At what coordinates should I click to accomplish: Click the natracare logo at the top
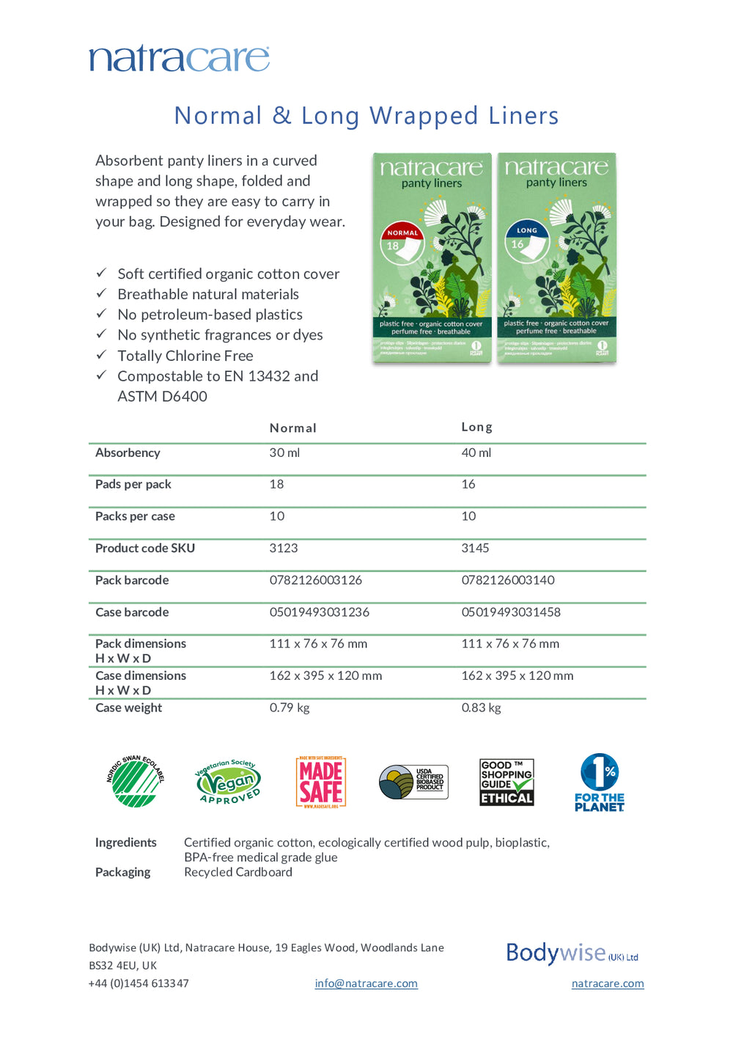click(179, 59)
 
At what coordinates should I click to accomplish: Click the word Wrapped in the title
click(424, 116)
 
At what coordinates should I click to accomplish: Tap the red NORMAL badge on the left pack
click(402, 232)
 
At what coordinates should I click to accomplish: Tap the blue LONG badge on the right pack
click(526, 230)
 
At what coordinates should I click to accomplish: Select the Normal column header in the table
click(292, 428)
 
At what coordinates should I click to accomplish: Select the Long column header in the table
click(476, 427)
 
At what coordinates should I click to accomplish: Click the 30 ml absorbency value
click(284, 453)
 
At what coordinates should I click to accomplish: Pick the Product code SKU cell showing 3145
click(475, 549)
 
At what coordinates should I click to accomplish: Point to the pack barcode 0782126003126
click(315, 580)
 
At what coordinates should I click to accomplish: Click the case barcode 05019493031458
click(510, 612)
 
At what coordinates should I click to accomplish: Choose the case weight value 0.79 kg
click(289, 708)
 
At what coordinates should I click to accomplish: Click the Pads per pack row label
click(133, 485)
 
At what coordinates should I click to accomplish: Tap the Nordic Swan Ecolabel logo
click(135, 782)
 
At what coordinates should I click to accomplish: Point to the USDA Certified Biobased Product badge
click(413, 782)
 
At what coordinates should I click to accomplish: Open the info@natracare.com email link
click(366, 983)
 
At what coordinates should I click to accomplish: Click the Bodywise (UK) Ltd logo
click(571, 953)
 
